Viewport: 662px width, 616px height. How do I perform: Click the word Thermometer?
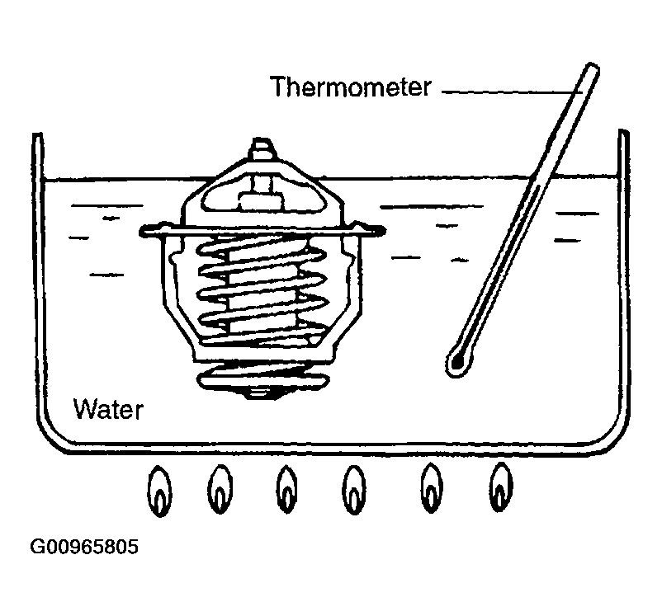[351, 87]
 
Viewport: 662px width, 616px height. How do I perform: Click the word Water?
[108, 409]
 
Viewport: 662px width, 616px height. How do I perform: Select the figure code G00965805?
[84, 547]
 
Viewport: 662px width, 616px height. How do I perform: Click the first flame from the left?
[159, 491]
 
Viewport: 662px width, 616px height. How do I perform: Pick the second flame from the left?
[220, 490]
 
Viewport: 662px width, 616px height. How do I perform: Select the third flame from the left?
[286, 490]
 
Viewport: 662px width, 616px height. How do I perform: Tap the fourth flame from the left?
[354, 490]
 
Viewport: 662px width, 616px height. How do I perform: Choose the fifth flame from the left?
[431, 487]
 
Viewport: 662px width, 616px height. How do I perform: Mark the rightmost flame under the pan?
[501, 487]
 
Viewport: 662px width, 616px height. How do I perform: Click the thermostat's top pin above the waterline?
[261, 148]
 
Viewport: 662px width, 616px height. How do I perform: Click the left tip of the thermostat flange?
[141, 231]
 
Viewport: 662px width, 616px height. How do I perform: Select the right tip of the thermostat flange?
[383, 230]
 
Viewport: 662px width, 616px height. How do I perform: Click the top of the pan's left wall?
[38, 135]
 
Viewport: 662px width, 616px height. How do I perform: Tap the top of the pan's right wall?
[623, 132]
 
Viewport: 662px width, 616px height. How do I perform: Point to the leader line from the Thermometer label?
[512, 92]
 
